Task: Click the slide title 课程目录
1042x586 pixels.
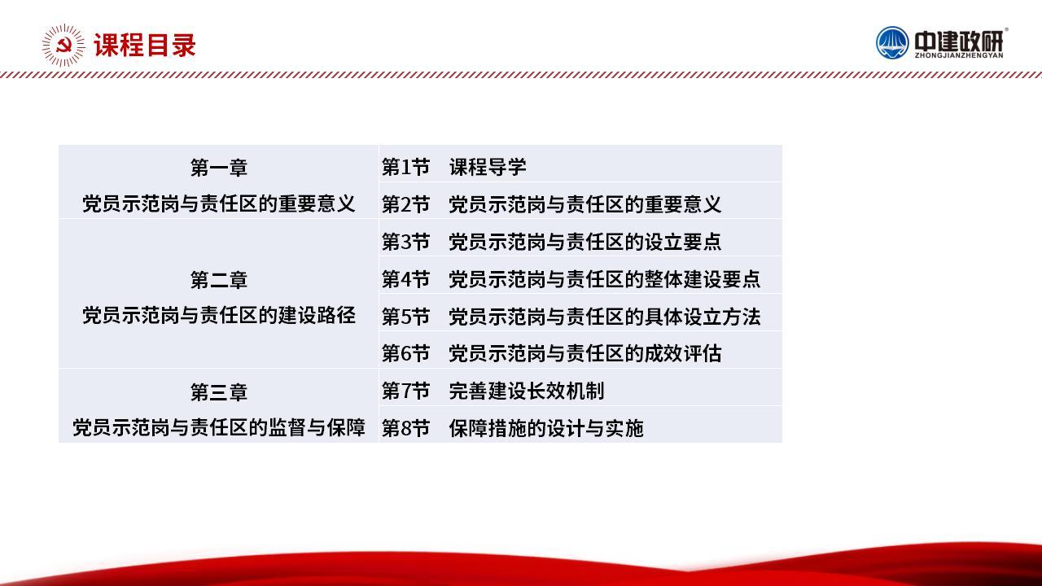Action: pyautogui.click(x=145, y=45)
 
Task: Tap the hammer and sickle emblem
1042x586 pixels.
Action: pyautogui.click(x=63, y=45)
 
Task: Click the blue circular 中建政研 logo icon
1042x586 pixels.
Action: pyautogui.click(x=891, y=43)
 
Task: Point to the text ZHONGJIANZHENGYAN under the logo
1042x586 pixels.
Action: pyautogui.click(x=959, y=55)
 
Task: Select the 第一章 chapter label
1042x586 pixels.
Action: pyautogui.click(x=219, y=168)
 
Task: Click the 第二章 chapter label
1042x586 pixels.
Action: pyautogui.click(x=219, y=280)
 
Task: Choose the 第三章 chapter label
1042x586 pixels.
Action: pyautogui.click(x=219, y=392)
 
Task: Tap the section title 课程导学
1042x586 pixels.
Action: pyautogui.click(x=488, y=167)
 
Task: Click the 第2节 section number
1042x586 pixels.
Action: pyautogui.click(x=405, y=204)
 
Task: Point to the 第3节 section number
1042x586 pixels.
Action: pyautogui.click(x=405, y=242)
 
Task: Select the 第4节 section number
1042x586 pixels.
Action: pyautogui.click(x=405, y=279)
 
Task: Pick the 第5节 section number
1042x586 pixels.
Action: pyautogui.click(x=405, y=317)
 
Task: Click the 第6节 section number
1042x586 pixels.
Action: pyautogui.click(x=405, y=353)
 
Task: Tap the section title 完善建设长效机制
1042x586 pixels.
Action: pyautogui.click(x=527, y=391)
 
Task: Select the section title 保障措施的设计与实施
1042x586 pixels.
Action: pyautogui.click(x=546, y=428)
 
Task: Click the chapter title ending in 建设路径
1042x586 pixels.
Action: pyautogui.click(x=219, y=315)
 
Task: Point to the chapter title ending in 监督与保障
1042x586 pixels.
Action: pyautogui.click(x=219, y=427)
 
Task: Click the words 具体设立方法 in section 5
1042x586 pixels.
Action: pyautogui.click(x=702, y=317)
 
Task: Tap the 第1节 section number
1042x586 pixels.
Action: pyautogui.click(x=405, y=167)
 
